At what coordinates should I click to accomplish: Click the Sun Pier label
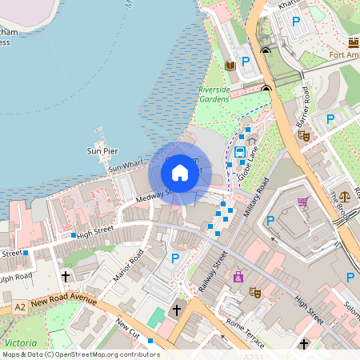point(102,150)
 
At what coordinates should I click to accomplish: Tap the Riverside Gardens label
point(214,94)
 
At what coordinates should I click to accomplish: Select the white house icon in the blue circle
point(180,172)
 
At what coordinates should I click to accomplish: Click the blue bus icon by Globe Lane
point(239,151)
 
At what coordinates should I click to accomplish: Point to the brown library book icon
point(230,66)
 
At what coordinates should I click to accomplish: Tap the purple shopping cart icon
point(303,202)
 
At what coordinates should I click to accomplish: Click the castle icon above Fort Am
point(354,42)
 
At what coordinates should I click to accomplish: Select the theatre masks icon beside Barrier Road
point(304,135)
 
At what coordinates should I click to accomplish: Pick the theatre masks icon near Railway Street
point(255,293)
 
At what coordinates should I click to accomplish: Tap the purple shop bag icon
point(238,277)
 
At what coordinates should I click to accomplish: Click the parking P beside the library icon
point(246,61)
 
